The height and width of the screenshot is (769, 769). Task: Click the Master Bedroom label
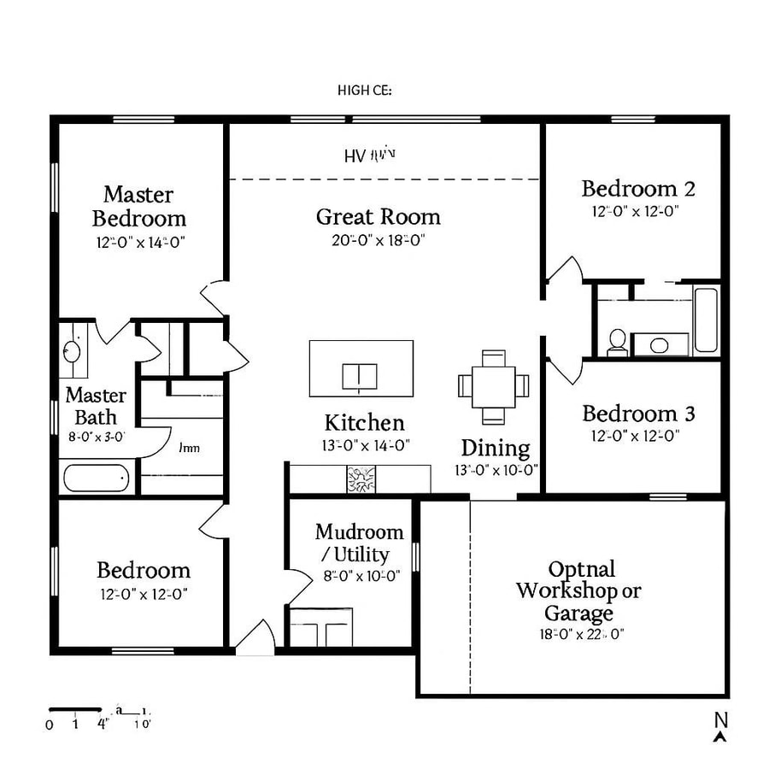tap(139, 207)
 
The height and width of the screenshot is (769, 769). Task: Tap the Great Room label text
tap(379, 216)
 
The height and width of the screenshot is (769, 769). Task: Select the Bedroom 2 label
tap(637, 188)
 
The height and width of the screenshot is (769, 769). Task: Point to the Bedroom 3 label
tap(637, 414)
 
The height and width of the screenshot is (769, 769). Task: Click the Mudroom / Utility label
tap(359, 543)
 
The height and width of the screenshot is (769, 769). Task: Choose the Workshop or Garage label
tap(579, 590)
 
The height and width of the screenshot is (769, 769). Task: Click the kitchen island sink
tap(360, 374)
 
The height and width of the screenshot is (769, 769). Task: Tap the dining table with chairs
tap(494, 386)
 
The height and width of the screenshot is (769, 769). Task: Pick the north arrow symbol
tap(721, 725)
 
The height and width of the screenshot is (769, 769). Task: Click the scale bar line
tap(75, 709)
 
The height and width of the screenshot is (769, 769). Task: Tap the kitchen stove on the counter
tap(361, 479)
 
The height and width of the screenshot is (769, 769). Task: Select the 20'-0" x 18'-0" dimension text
tap(379, 240)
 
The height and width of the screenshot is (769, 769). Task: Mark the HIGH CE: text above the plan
tap(365, 90)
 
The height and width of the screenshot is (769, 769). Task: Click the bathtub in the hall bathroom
tap(706, 320)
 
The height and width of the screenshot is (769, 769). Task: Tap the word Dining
tap(496, 448)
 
